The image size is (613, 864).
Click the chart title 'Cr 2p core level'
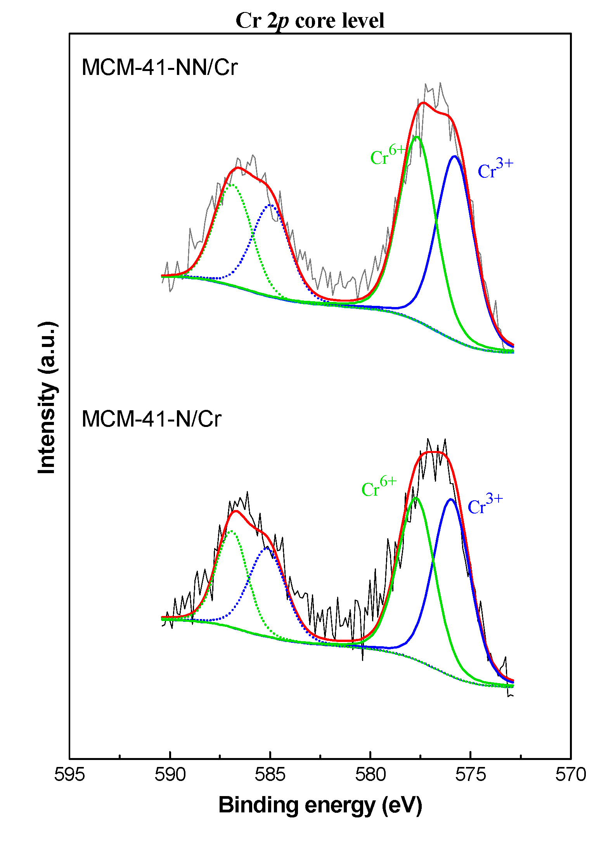(310, 21)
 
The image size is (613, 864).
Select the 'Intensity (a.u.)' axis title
(47, 397)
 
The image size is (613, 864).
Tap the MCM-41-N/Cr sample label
(151, 419)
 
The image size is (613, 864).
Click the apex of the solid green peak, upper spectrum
(417, 137)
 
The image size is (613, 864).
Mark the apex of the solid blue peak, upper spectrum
(454, 156)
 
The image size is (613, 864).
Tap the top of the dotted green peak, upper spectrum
(232, 184)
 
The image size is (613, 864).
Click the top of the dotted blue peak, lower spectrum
(267, 548)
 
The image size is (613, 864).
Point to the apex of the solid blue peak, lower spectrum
(450, 499)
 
